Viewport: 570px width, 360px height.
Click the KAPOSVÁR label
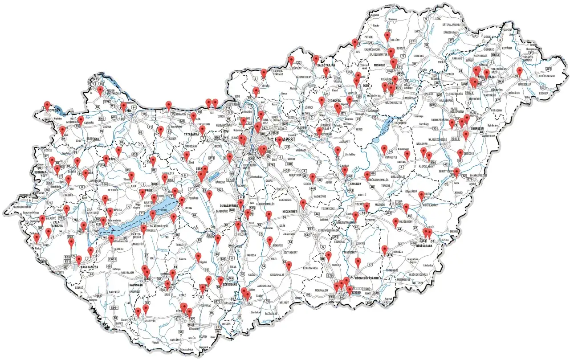pyautogui.click(x=138, y=284)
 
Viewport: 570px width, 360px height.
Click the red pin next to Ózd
pyautogui.click(x=355, y=43)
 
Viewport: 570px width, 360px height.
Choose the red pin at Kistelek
pyautogui.click(x=329, y=256)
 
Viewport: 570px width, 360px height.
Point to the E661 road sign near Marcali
pyautogui.click(x=113, y=259)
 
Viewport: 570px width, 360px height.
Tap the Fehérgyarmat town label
pyautogui.click(x=549, y=76)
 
